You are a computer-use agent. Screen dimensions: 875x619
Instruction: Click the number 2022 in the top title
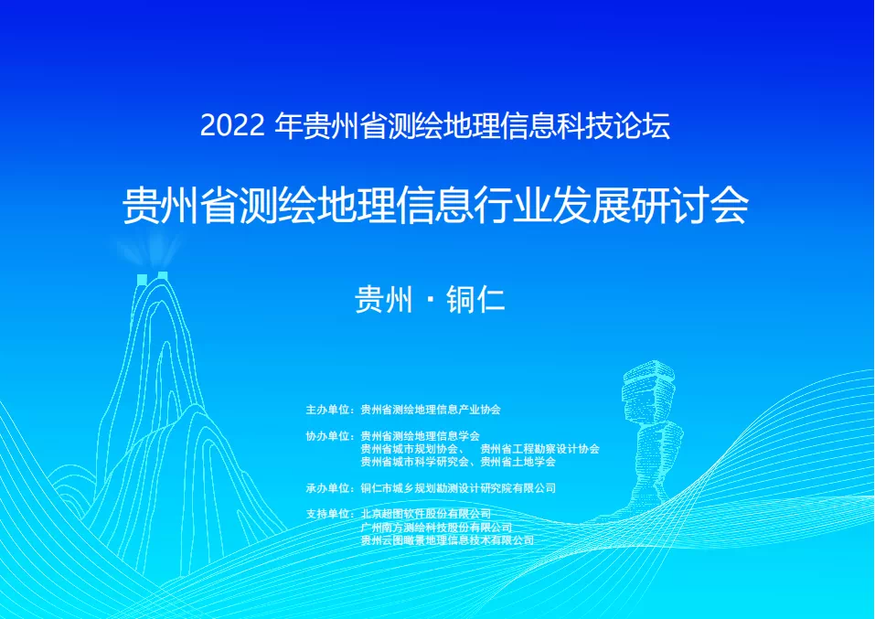(232, 126)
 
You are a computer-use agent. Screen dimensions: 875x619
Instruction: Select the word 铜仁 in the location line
(476, 300)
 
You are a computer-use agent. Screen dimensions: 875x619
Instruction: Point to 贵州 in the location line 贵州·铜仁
(384, 300)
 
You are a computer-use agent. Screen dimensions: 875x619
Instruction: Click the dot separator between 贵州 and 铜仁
(430, 300)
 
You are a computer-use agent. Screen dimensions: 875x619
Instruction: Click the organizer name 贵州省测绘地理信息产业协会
(431, 410)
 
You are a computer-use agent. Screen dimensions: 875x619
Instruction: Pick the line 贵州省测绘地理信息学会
(421, 436)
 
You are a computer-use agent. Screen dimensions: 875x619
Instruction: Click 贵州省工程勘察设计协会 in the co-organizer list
(539, 449)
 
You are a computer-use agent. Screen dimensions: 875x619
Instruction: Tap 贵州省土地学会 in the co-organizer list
(518, 462)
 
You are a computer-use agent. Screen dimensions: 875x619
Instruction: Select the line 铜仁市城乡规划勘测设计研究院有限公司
(458, 488)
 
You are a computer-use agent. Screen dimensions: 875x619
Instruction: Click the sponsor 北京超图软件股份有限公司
(426, 514)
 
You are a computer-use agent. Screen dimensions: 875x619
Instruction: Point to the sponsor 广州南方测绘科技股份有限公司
(436, 528)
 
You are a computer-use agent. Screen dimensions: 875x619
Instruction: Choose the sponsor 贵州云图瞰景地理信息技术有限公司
(447, 540)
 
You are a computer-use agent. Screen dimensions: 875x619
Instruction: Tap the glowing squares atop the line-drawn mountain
(153, 278)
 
